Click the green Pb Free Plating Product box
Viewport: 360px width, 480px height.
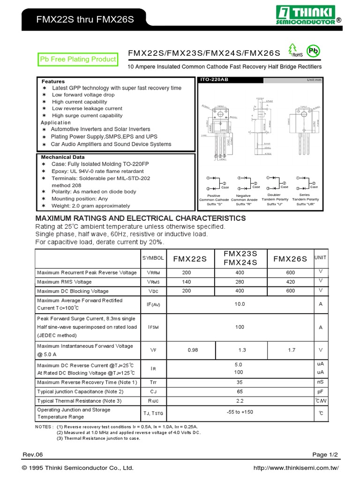click(x=77, y=60)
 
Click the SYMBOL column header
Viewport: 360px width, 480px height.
click(x=153, y=258)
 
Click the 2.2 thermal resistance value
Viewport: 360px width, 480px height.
click(x=240, y=401)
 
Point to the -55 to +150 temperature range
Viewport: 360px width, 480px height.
click(x=240, y=412)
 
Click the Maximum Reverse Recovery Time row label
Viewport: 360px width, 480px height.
click(x=87, y=382)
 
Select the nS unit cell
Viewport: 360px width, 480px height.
click(x=321, y=382)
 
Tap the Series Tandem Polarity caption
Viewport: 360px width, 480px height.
click(x=305, y=200)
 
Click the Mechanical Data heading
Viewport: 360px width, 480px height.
click(x=63, y=157)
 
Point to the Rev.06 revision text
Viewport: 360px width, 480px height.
click(x=33, y=455)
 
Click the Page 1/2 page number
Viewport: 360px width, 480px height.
click(x=325, y=455)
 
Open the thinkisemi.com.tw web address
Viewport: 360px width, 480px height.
click(x=295, y=468)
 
